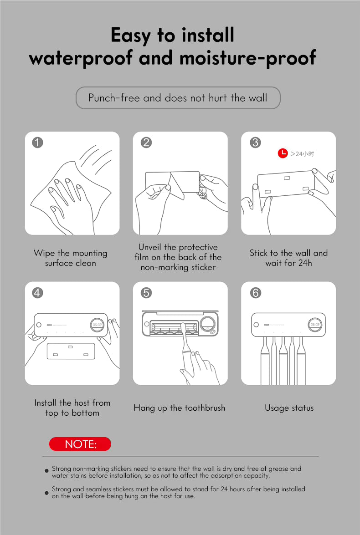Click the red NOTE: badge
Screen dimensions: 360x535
click(80, 444)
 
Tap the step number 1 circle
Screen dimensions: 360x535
click(37, 142)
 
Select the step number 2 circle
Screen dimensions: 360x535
click(146, 142)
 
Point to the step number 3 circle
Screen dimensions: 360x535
click(255, 142)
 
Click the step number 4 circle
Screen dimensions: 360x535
click(37, 292)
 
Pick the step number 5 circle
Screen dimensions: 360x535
click(146, 292)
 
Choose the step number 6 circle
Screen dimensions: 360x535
click(255, 292)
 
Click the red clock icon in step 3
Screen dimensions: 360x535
click(283, 153)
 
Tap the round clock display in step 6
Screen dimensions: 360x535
click(314, 325)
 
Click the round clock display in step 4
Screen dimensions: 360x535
click(98, 325)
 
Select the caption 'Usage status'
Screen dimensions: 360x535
click(289, 408)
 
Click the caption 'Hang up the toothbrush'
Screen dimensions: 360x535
click(180, 408)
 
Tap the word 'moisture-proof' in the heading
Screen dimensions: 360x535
click(247, 58)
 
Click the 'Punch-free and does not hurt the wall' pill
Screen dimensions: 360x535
click(178, 98)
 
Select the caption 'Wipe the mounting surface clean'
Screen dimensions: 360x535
click(70, 258)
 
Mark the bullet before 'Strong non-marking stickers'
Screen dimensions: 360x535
click(47, 471)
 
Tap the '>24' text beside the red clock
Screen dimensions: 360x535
click(297, 154)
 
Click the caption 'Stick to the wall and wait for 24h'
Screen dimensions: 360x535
click(288, 258)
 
